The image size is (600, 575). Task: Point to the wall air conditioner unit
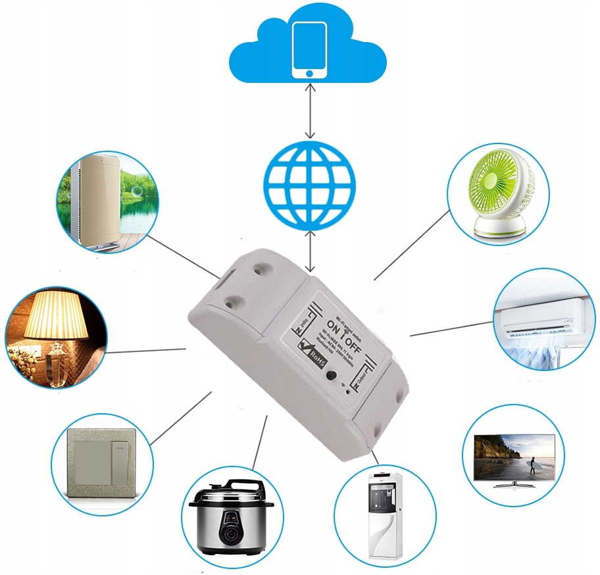(x=539, y=316)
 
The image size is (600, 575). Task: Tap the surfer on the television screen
(x=532, y=463)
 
